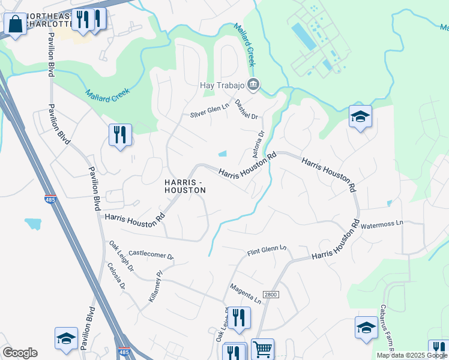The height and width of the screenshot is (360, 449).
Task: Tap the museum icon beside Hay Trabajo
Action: point(253,85)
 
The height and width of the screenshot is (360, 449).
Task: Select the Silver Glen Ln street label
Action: point(209,110)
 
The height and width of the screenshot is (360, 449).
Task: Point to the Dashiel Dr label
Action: point(246,109)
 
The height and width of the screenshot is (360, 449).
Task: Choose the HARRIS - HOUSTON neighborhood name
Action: point(185,185)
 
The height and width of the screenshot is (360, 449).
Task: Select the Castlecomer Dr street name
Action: point(151,255)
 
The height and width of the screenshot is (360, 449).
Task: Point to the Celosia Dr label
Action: point(116,275)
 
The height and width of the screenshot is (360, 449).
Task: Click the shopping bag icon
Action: point(15,25)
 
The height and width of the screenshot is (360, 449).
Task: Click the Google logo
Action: point(20,353)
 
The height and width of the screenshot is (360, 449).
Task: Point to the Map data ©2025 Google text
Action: point(411,355)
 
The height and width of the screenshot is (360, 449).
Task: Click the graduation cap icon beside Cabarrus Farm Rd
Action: point(366,328)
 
